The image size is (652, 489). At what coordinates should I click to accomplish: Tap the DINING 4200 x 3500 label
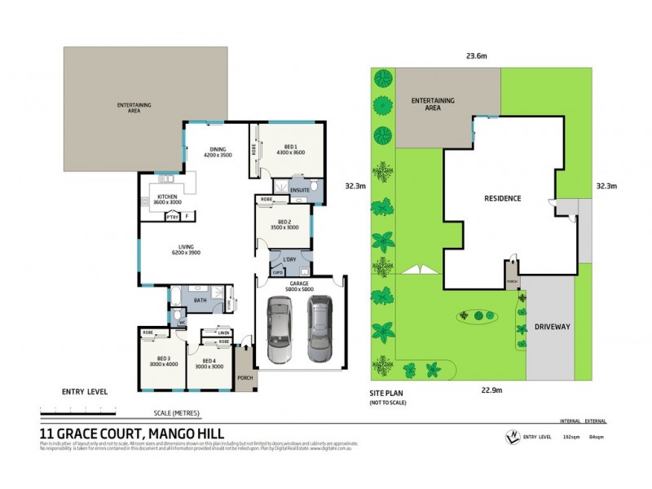click(217, 152)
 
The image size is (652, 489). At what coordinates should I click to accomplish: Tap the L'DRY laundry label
click(289, 259)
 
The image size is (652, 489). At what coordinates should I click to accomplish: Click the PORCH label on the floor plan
click(244, 377)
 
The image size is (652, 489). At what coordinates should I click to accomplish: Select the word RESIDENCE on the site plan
click(503, 199)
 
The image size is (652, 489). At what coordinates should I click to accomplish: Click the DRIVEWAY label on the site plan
click(552, 325)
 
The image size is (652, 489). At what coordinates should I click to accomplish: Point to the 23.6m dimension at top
click(476, 56)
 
